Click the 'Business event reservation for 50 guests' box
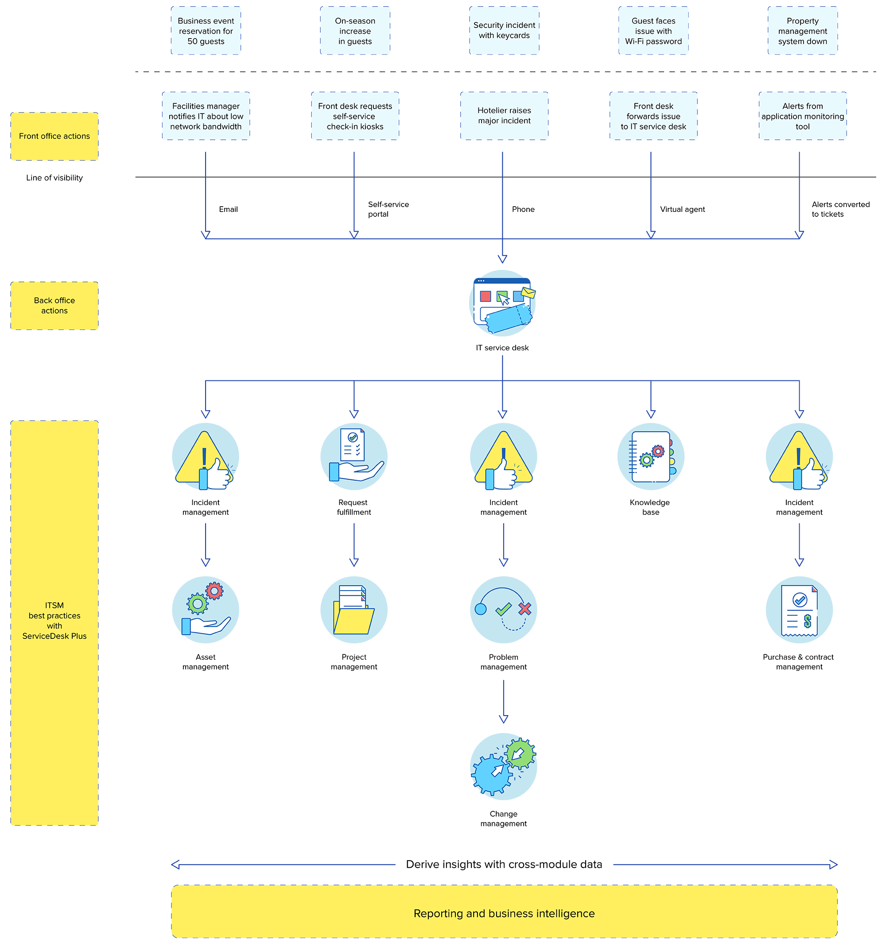206,31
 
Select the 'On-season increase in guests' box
355,31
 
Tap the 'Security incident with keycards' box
504,31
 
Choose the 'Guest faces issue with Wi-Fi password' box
653,31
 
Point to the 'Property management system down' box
802,31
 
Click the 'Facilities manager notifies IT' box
206,116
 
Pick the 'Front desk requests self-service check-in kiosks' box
355,116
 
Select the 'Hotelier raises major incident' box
504,116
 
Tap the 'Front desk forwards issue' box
653,116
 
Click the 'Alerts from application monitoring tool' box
802,116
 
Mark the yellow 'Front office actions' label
54,136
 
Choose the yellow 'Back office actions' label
54,306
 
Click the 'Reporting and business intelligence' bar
504,913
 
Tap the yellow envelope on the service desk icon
528,293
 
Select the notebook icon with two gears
650,457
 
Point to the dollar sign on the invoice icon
808,621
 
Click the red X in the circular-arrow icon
525,609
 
